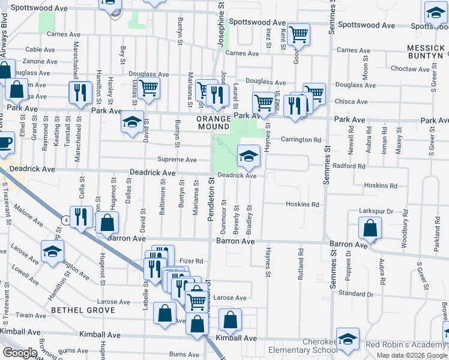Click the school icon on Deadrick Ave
[249, 157]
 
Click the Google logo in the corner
[20, 353]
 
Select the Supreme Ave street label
[177, 160]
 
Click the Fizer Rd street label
[191, 262]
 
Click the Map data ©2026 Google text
[412, 355]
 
